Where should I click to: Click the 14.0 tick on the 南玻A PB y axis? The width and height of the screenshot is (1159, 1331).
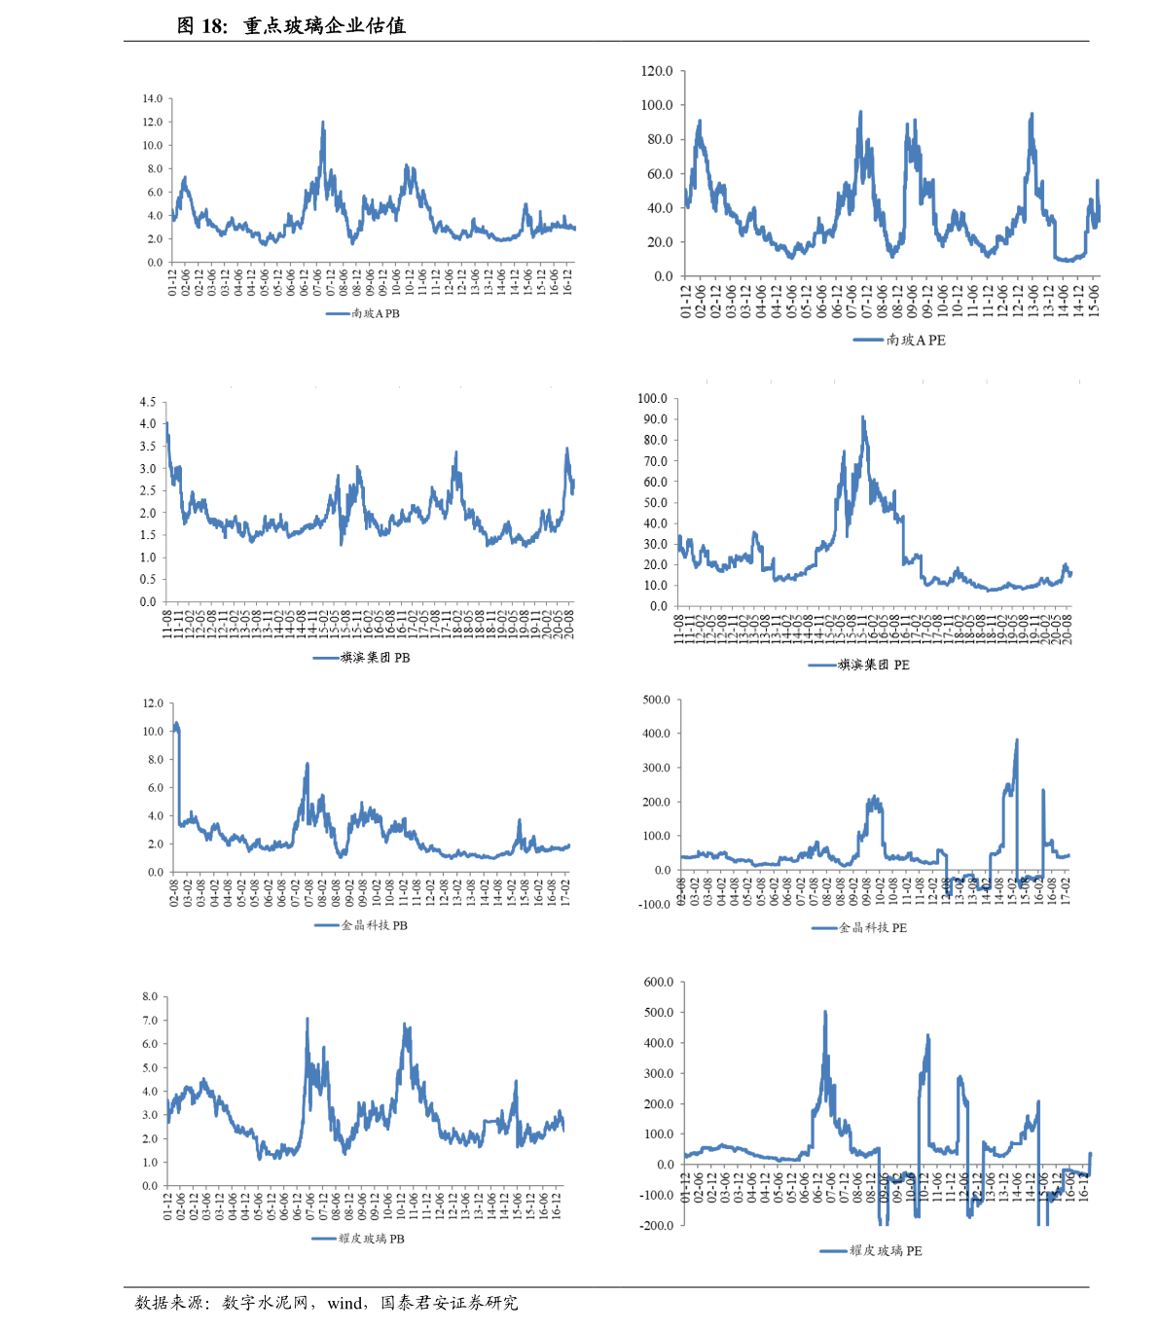152,99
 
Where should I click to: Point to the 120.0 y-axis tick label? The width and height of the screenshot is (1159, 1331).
657,71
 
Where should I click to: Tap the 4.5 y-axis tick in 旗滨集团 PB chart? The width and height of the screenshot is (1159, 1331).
147,402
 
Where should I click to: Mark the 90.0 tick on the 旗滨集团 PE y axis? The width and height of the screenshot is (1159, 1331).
652,419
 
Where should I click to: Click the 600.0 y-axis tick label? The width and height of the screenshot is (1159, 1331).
659,983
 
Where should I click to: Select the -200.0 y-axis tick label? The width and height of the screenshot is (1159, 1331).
657,1226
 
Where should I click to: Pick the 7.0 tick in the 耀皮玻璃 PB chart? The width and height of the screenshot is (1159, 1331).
149,1021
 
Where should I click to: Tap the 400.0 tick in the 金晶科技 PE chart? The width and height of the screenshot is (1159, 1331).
656,734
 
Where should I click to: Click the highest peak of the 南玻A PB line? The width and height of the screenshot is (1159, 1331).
323,122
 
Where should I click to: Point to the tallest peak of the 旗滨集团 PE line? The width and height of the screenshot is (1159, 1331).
862,416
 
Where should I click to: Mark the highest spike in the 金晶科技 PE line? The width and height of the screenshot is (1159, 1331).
1017,739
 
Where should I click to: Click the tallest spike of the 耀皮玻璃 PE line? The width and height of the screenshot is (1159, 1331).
825,1011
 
